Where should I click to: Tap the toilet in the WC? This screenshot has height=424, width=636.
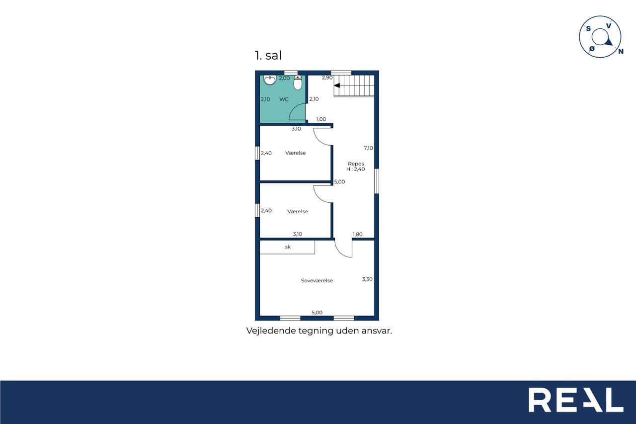point(298,83)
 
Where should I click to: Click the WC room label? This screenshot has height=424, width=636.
point(284,99)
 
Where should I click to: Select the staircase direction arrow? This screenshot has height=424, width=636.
point(337,85)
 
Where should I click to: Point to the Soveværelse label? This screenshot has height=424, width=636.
point(317,280)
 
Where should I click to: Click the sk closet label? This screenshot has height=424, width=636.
point(288,247)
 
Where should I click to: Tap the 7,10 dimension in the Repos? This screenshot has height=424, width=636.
point(368,148)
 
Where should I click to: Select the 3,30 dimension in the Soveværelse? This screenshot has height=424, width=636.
point(367,279)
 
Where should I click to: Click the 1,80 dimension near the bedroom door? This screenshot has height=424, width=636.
point(357,234)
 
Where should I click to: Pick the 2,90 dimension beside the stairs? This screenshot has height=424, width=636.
point(327,78)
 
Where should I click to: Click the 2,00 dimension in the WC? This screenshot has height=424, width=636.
point(284,78)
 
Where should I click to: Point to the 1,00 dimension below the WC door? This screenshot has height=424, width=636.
point(321,119)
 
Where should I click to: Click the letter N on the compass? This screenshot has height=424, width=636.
point(621,51)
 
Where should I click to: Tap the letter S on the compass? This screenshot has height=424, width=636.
point(588,28)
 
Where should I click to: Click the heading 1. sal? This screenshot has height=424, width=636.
point(268,55)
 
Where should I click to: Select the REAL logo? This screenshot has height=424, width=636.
point(576,400)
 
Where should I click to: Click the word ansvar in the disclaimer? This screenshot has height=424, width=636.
point(377,331)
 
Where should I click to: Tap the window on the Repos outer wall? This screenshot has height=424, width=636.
point(377,181)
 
